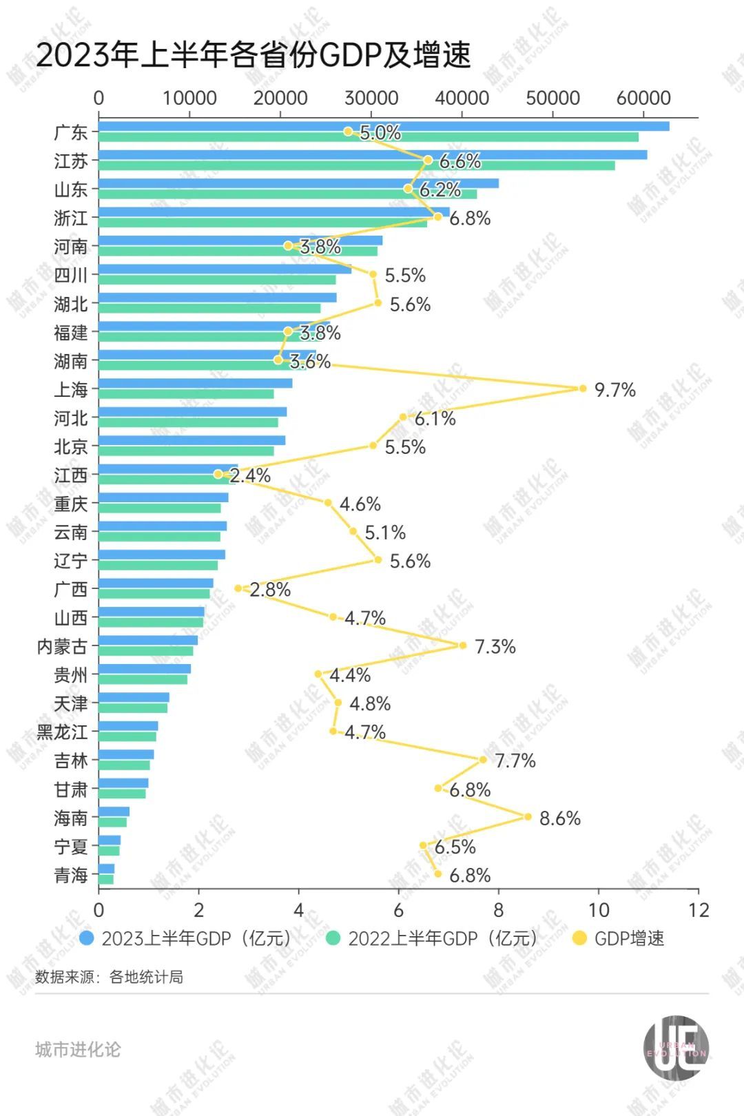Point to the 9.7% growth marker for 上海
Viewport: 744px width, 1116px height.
point(582,389)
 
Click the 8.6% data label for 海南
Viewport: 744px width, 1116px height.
point(559,818)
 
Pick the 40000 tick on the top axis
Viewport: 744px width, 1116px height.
point(462,98)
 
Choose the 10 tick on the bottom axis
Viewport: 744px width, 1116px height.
point(599,910)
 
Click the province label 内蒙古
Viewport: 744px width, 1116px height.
point(62,646)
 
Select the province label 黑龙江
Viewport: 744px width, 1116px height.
point(62,732)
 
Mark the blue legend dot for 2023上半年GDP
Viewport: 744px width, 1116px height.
point(87,938)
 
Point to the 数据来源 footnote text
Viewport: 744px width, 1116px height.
point(109,977)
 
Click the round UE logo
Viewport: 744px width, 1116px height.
point(676,1048)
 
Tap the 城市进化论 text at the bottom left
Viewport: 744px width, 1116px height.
point(78,1049)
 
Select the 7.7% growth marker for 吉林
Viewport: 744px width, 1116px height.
point(483,760)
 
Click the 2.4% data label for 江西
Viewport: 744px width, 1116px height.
point(250,475)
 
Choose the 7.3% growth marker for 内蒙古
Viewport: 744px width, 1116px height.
point(463,645)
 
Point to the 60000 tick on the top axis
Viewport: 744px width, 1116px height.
point(643,98)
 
